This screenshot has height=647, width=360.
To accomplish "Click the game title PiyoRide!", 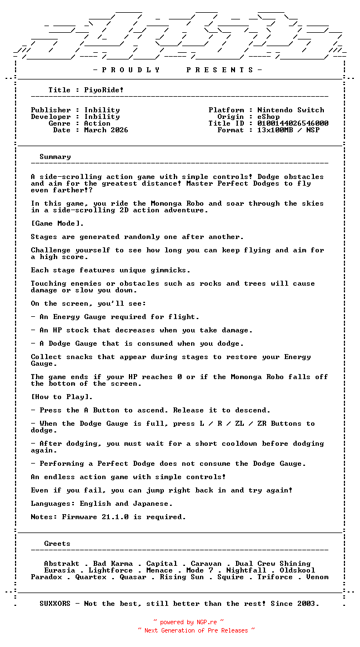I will pos(104,90).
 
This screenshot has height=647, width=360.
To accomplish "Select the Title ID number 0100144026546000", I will pos(293,123).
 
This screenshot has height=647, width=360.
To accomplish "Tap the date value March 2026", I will pos(106,130).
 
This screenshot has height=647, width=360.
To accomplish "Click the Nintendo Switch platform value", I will pos(291,110).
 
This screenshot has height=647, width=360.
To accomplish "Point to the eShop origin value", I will pos(268,117).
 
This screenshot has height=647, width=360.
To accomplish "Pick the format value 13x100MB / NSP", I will pos(288,130).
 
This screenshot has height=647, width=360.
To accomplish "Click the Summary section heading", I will pos(55,157).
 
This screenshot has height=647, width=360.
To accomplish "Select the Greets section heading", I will pos(57,544).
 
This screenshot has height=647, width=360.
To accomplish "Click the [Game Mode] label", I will pos(57,223).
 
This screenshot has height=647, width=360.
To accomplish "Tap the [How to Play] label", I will pos(62,397).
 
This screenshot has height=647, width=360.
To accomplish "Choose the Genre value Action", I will pos(97,123).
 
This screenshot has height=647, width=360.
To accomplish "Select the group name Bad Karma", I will pos(113,564).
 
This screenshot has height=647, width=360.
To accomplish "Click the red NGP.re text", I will pos(206,623).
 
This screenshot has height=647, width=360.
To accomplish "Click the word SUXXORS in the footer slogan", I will pos(55,604).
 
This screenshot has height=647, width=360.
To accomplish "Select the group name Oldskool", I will pos(297,570).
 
